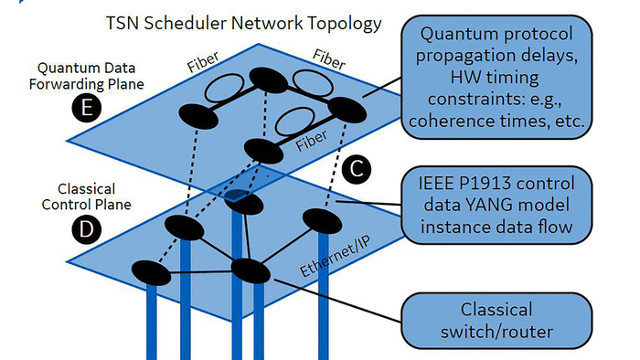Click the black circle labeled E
(86, 111)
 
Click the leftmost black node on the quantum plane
(197, 114)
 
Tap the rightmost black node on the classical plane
(321, 219)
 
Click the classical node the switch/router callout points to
(249, 270)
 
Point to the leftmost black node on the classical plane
(151, 271)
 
